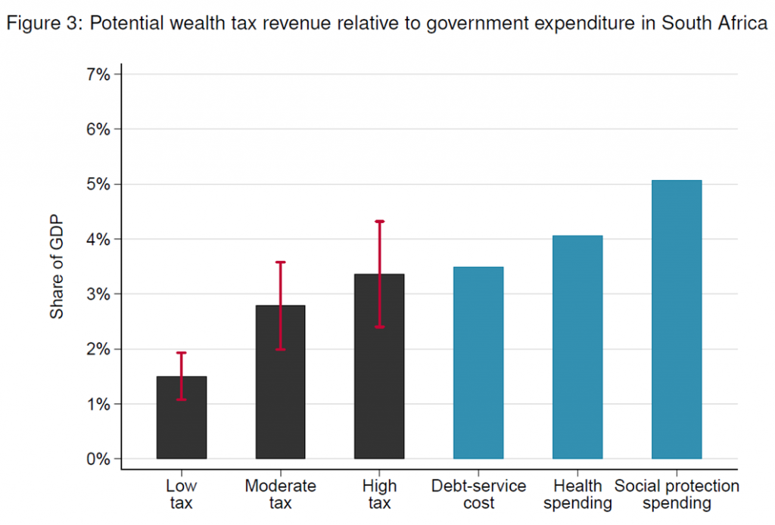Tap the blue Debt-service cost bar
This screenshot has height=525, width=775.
[478, 363]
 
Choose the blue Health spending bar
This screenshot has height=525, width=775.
[577, 348]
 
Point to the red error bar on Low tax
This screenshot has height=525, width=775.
[182, 376]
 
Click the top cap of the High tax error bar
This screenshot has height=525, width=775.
[379, 221]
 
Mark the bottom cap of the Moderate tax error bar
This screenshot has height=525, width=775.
[280, 349]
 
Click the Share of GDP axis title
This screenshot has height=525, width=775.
[58, 266]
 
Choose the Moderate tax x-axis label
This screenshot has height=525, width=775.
[280, 494]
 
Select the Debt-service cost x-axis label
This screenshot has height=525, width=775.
[478, 494]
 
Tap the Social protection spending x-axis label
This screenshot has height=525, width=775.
[677, 494]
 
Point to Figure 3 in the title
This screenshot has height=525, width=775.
[42, 23]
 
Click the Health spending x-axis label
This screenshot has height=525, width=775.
[577, 494]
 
